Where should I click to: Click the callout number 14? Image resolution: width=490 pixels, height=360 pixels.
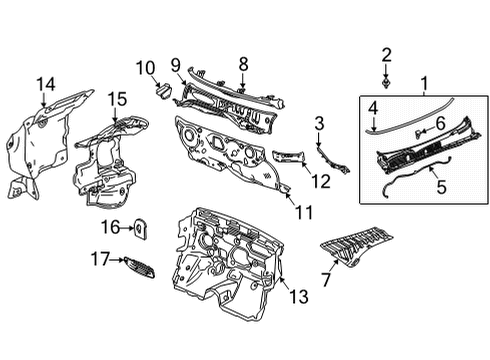(45, 84)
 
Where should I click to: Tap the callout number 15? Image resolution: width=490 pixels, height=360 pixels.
(118, 98)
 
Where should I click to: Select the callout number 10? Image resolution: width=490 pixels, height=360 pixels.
(145, 68)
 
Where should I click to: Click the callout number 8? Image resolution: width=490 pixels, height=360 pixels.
(241, 63)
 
